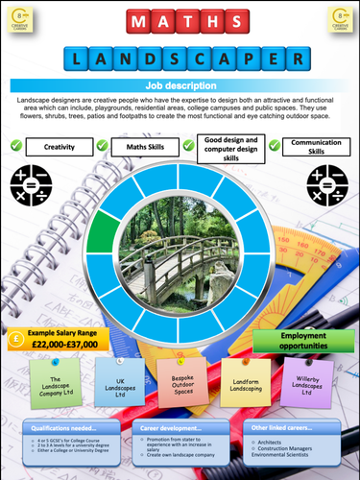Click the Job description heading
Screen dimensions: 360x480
(x=180, y=85)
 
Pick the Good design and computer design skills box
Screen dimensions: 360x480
(x=228, y=147)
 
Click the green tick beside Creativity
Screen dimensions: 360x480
(x=15, y=146)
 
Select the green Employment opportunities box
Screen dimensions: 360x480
(x=303, y=341)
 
